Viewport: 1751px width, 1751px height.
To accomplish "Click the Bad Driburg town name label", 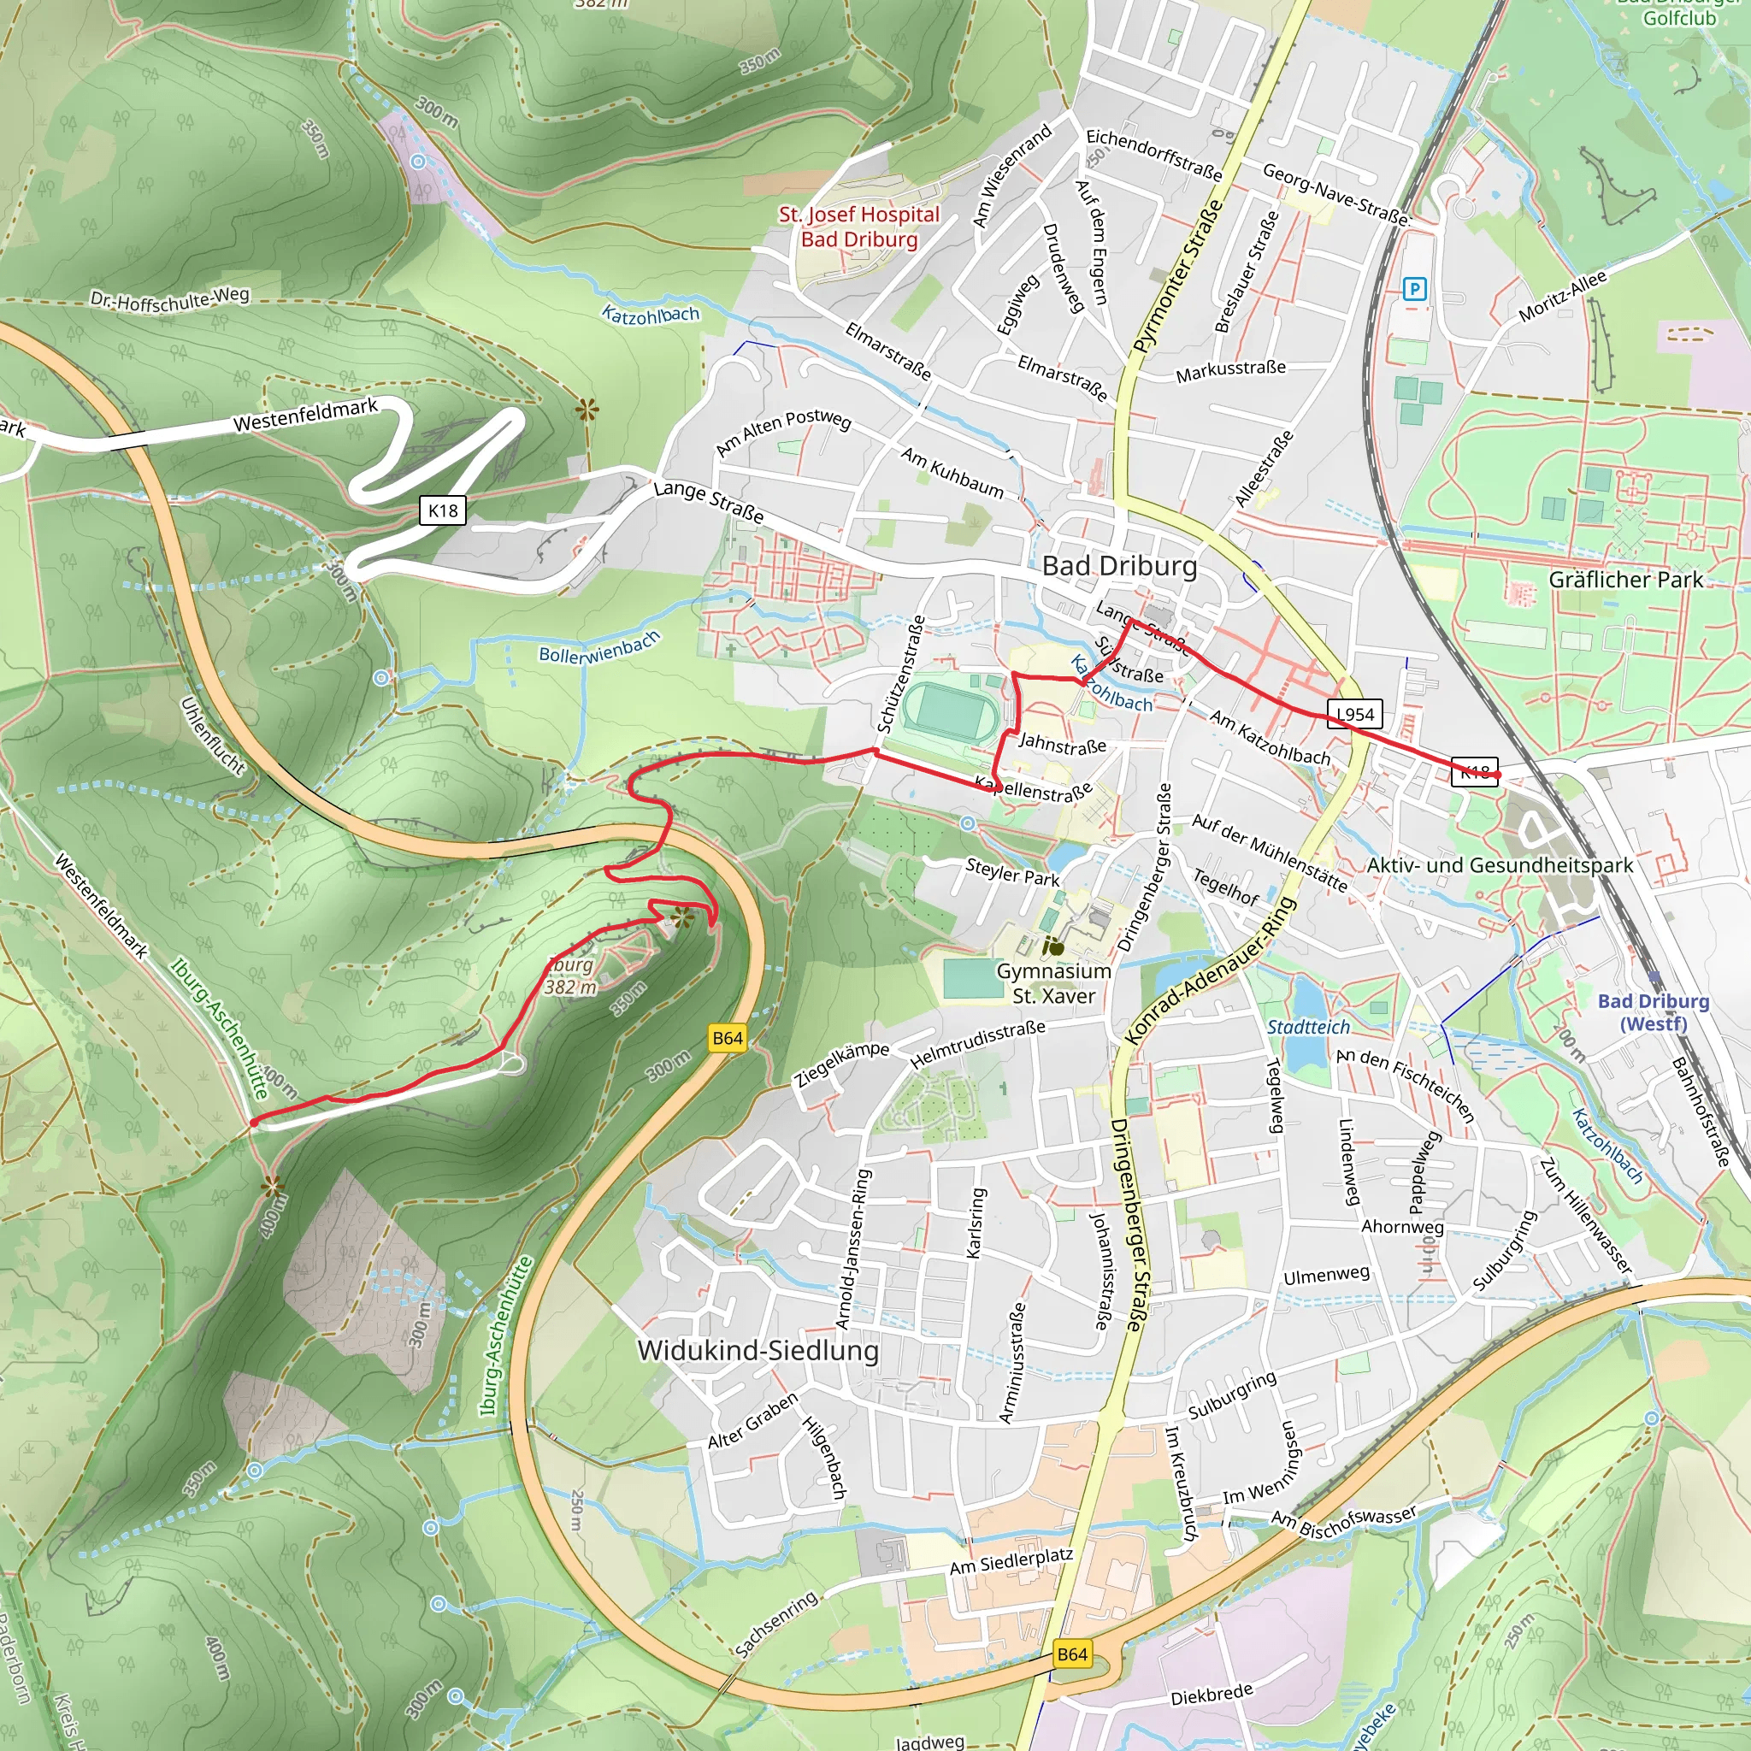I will click(1119, 567).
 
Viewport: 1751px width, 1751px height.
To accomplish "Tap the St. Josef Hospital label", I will click(859, 227).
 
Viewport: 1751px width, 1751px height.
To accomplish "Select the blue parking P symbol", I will click(1414, 289).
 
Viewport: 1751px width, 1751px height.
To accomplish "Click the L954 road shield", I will click(1355, 714).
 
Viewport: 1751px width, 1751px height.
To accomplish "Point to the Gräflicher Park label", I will click(1626, 579).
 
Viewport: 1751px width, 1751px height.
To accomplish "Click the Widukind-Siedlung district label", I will click(758, 1350).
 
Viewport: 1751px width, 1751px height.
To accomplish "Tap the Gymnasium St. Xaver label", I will click(1054, 983).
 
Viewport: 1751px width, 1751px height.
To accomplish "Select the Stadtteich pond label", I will click(1308, 1027).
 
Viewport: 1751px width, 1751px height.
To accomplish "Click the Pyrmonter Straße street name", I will click(1177, 276).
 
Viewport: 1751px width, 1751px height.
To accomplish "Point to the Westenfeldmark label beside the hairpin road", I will click(305, 415).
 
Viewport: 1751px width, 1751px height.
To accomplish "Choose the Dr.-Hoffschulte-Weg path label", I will click(169, 298).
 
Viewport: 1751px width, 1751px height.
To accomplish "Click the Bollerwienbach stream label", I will click(599, 648).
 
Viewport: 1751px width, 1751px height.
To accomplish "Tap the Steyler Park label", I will click(1012, 872).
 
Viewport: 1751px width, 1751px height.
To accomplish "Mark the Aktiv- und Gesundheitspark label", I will click(1500, 865).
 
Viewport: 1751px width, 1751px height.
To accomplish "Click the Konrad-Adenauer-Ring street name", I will click(1211, 970).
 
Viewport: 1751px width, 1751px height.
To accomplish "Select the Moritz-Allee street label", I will click(1563, 297).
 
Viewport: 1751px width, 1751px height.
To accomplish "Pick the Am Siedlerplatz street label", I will click(1011, 1561).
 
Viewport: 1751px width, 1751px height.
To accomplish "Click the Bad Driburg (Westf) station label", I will click(1654, 1012).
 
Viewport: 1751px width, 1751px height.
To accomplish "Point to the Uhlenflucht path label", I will click(213, 736).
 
